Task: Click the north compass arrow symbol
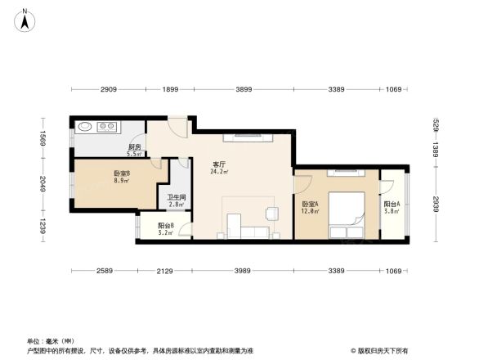(x=26, y=18)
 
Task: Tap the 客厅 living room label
(x=219, y=163)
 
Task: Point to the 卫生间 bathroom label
(x=177, y=197)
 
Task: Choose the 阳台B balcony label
(x=166, y=225)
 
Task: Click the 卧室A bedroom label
(x=311, y=205)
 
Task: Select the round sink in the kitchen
(x=84, y=127)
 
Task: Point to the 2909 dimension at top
(x=110, y=89)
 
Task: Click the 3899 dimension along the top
(x=244, y=89)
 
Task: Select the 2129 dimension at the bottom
(x=165, y=271)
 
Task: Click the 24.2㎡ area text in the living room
(x=219, y=172)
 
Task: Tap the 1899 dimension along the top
(x=170, y=89)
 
